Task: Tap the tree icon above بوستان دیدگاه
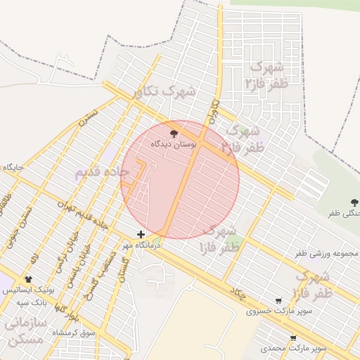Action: pos(174,131)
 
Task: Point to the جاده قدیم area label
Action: pos(102,172)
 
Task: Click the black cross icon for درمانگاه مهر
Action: pos(141,234)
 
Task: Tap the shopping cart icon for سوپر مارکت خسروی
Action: pos(279,301)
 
